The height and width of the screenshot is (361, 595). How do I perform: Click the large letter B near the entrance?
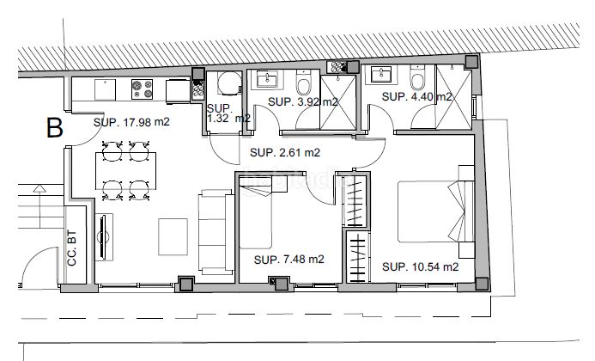(x=54, y=128)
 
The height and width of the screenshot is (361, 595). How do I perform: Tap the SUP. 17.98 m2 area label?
(x=131, y=122)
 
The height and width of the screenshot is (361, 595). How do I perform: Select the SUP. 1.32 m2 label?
(x=228, y=113)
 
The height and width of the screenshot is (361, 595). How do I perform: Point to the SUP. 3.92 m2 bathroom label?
(x=303, y=101)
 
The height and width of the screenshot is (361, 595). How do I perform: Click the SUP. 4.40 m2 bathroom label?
(x=417, y=97)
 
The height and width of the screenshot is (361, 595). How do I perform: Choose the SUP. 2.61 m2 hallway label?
(x=285, y=153)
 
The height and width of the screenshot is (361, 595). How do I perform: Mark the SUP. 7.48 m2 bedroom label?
(x=288, y=260)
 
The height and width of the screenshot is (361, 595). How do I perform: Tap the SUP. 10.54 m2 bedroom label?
(x=421, y=266)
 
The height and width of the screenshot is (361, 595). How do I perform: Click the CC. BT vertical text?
(x=72, y=248)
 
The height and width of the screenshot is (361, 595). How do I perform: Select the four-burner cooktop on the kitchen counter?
(x=142, y=89)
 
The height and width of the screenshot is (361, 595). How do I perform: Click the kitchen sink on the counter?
(x=105, y=89)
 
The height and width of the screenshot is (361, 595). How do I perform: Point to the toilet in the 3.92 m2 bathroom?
(x=304, y=83)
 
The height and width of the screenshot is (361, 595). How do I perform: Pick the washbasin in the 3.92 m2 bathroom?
(x=267, y=80)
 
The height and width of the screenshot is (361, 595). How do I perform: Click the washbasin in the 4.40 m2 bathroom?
(x=381, y=75)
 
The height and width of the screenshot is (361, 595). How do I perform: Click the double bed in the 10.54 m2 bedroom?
(x=435, y=211)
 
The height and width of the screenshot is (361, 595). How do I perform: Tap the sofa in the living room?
(x=216, y=232)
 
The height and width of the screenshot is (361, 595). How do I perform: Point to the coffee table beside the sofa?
(x=173, y=236)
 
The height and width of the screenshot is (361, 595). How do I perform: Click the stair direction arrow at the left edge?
(x=39, y=207)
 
